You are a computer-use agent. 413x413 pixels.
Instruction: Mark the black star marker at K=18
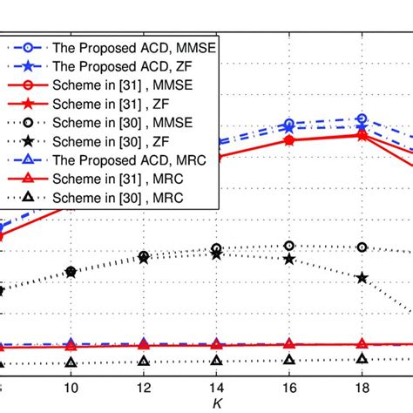coord(362,277)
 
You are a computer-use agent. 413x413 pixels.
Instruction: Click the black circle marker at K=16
coord(290,246)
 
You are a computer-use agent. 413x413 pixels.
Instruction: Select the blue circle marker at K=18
coord(362,118)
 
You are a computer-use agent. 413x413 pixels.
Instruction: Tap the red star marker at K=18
coord(362,134)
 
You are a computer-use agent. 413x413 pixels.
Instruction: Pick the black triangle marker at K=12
coord(144,361)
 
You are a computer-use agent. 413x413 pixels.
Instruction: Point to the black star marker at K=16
coord(290,259)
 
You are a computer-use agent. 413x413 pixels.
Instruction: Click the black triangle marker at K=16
coord(290,359)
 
